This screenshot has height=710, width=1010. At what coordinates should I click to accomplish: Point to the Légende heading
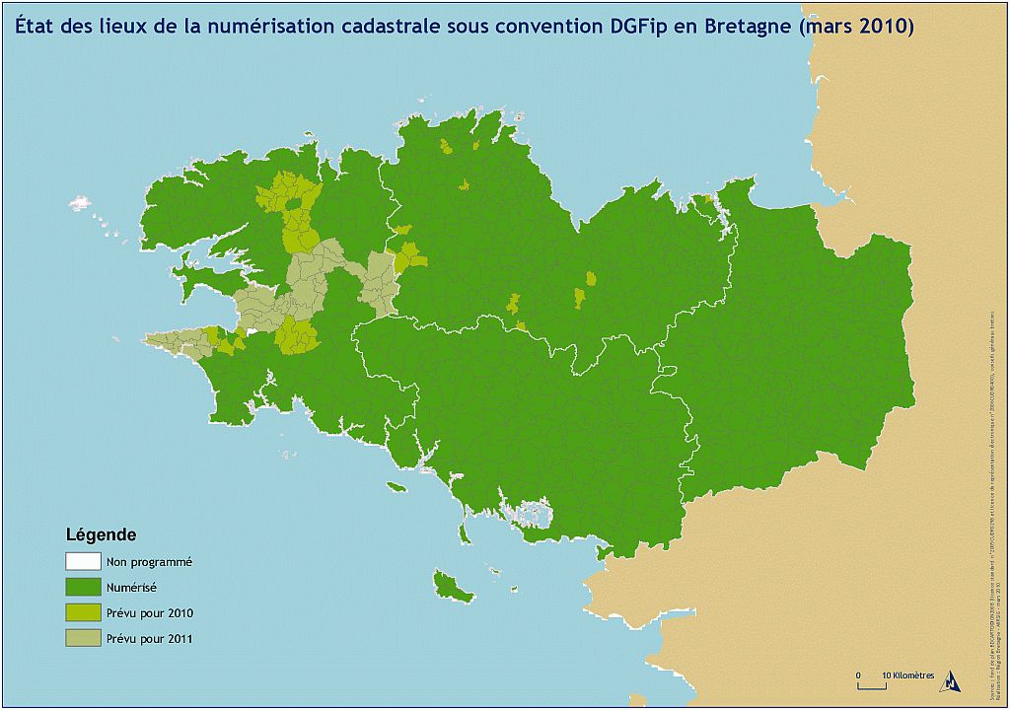click(x=101, y=535)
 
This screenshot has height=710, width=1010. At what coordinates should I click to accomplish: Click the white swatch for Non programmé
click(x=83, y=561)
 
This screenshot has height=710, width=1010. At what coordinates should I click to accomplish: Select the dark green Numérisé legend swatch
click(x=83, y=587)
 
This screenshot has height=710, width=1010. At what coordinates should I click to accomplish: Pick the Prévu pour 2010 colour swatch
click(x=83, y=612)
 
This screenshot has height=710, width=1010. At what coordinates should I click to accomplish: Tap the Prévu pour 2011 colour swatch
click(x=83, y=638)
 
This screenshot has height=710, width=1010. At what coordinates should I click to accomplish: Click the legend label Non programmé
click(x=149, y=562)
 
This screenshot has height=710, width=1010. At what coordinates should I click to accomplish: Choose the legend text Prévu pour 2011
click(x=149, y=639)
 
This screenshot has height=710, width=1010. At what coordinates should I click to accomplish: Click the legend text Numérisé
click(x=131, y=588)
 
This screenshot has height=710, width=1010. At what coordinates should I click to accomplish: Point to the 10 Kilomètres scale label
click(x=907, y=675)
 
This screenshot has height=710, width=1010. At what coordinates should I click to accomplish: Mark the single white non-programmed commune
click(x=252, y=332)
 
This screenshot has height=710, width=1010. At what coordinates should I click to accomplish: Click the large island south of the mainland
click(x=454, y=588)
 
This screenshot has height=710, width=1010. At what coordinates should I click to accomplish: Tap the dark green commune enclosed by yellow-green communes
click(x=294, y=203)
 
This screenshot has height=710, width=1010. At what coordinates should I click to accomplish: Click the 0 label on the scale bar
click(x=858, y=675)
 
